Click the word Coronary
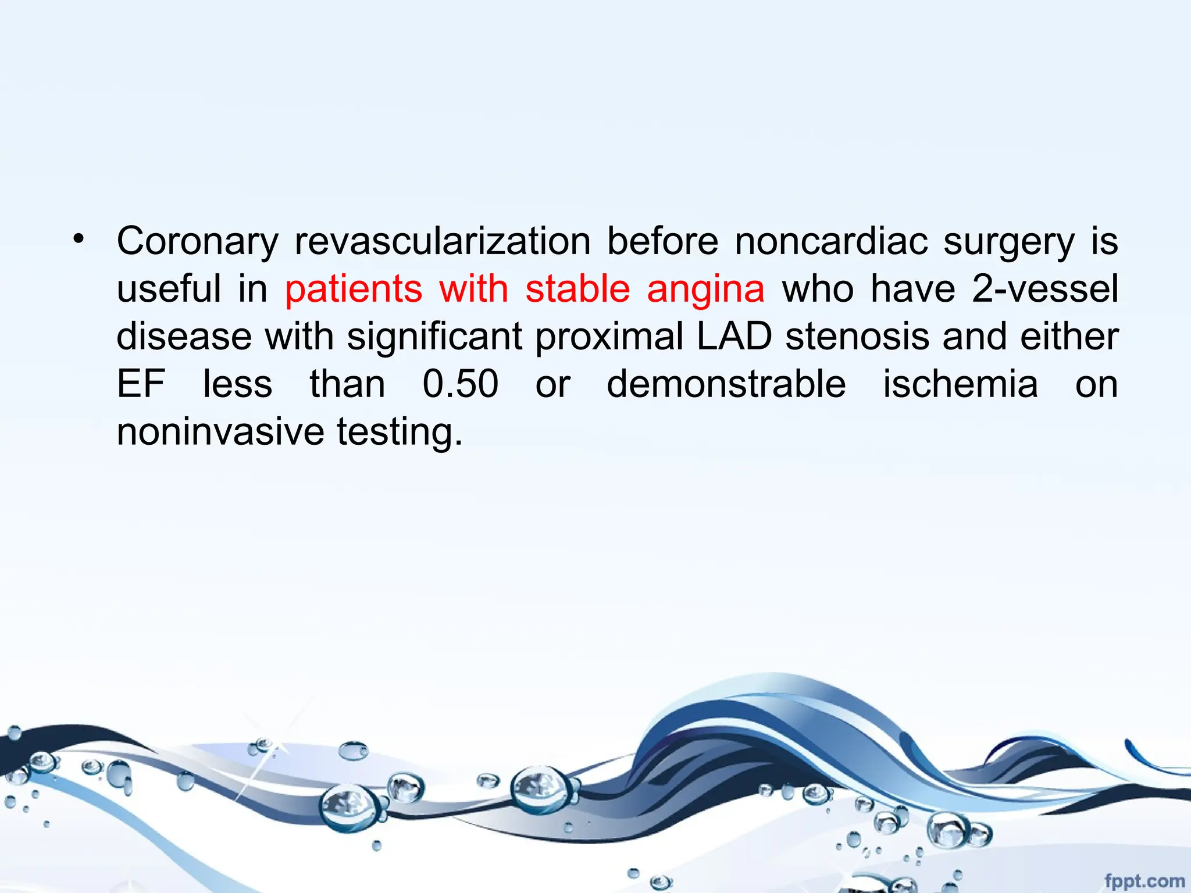197,242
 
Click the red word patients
354,289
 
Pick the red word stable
577,289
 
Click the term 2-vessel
1045,289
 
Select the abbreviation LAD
734,337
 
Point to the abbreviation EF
141,384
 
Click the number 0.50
460,384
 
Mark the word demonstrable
726,384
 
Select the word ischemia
960,384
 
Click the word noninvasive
220,432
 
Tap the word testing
400,433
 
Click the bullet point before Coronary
79,239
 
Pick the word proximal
609,338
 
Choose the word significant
434,338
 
